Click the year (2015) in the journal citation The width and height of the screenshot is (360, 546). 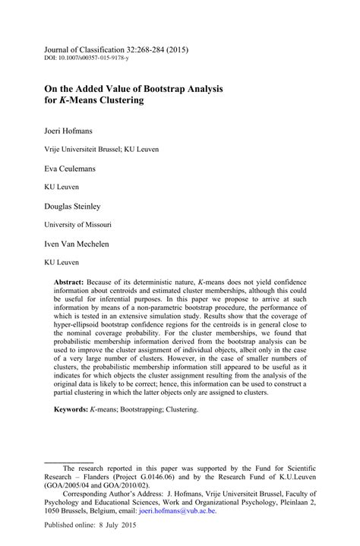174,49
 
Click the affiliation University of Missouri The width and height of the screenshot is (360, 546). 78,225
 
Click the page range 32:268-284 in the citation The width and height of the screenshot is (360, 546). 136,49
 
